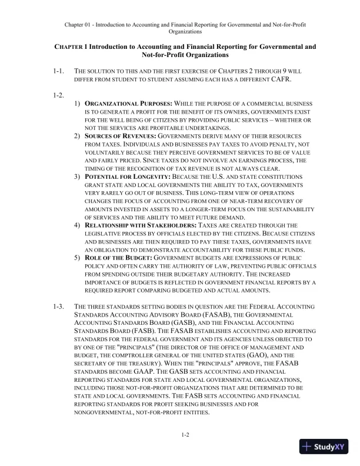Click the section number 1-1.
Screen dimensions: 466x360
tap(58, 71)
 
